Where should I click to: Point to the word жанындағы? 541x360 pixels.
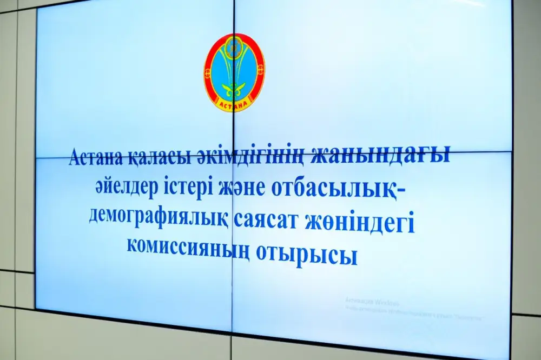385,158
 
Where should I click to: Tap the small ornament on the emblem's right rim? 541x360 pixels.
261,70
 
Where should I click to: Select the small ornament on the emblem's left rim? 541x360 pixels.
207,70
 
